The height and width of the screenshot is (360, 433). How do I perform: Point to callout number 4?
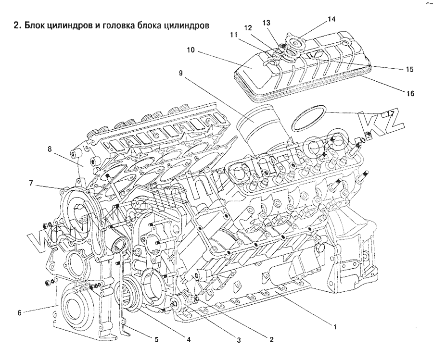[189, 339]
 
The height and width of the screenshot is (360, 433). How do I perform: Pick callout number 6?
[20, 312]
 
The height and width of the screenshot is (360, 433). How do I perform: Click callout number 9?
[180, 73]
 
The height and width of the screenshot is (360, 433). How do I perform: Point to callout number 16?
[410, 93]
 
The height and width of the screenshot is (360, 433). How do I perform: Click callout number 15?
[409, 69]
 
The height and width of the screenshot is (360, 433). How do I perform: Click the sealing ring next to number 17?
[308, 117]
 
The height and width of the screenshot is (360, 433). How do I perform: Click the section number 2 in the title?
[16, 25]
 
